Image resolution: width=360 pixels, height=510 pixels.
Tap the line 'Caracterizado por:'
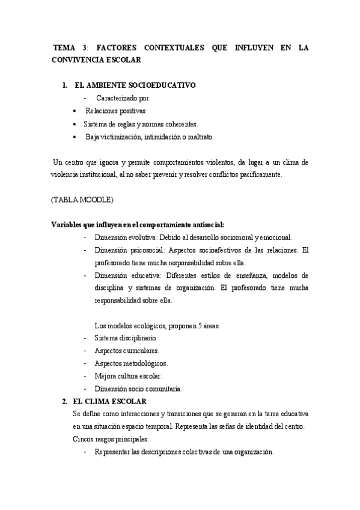coord(123,98)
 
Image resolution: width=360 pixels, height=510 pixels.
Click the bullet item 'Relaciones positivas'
coord(115,111)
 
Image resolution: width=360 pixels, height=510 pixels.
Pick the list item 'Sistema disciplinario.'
coord(126,339)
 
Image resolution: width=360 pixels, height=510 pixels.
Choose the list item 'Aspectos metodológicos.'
coord(130,363)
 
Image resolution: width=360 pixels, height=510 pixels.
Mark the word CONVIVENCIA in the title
coord(78,60)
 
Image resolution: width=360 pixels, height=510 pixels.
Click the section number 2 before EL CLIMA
coord(65,401)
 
